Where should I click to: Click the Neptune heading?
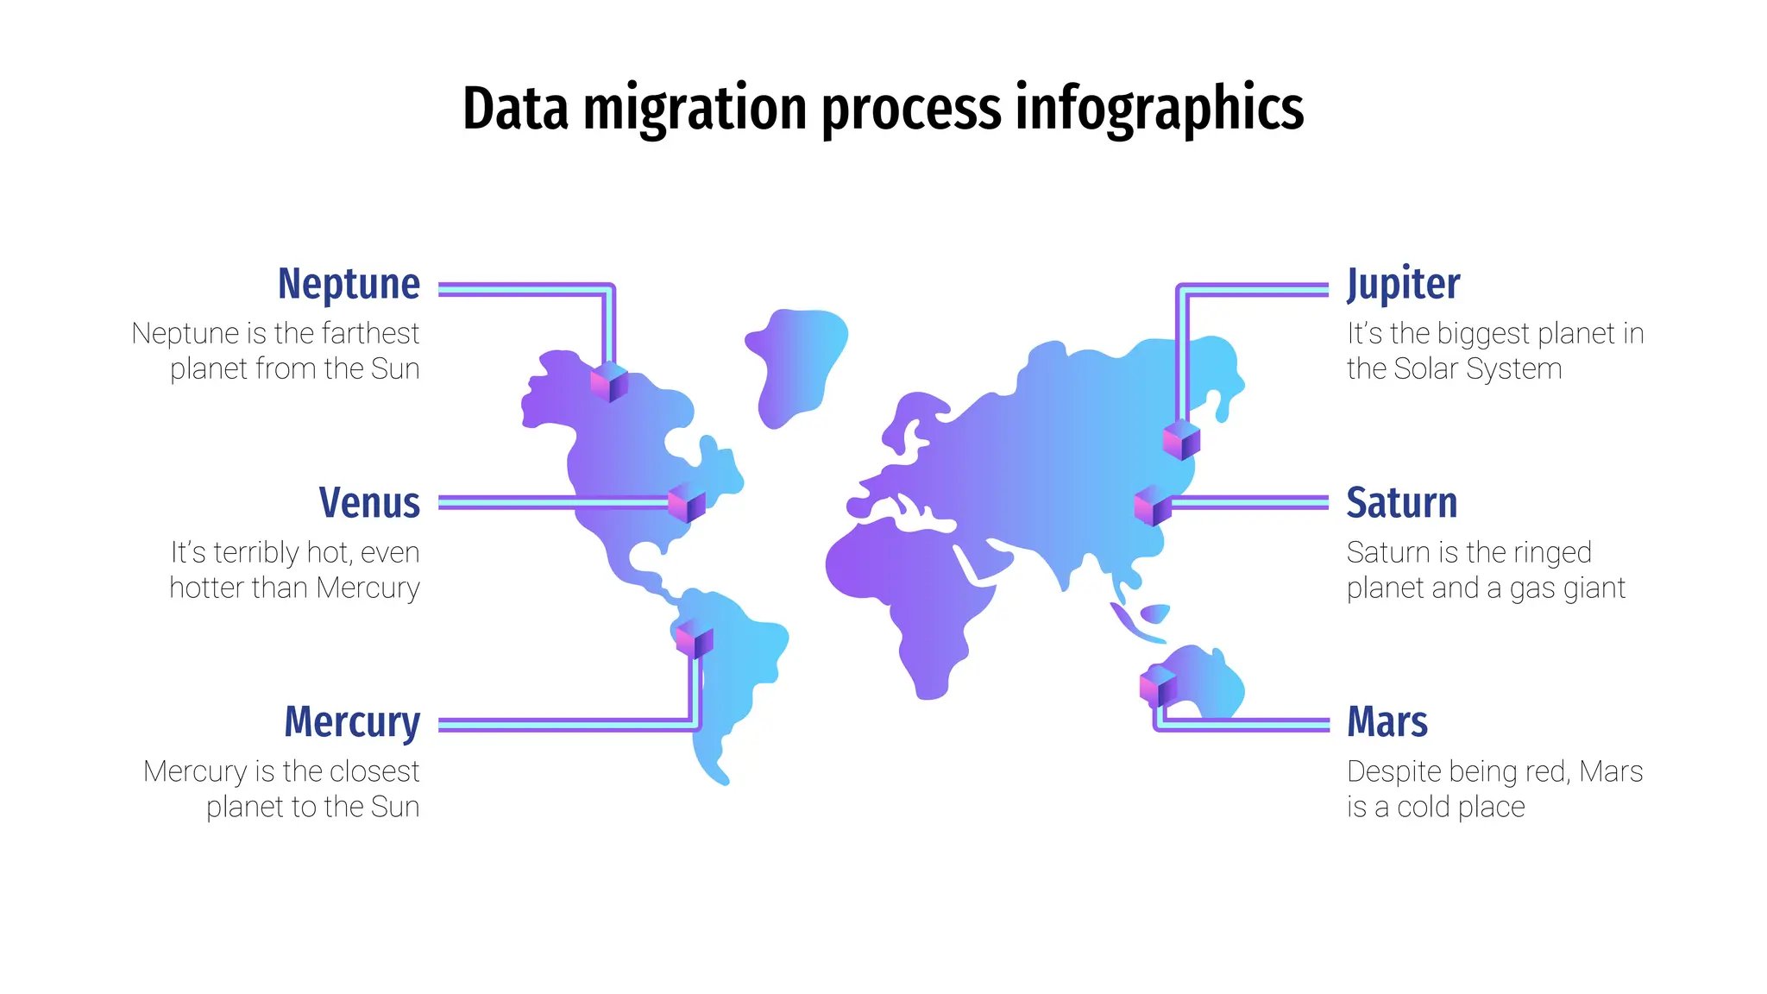[x=349, y=284]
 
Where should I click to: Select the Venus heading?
[x=369, y=503]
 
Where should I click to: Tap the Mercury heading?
[x=352, y=722]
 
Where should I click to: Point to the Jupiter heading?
[x=1403, y=284]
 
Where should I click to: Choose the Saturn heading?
[x=1401, y=503]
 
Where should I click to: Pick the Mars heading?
[x=1387, y=722]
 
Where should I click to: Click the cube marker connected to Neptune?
[x=609, y=382]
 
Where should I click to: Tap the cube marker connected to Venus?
[x=687, y=503]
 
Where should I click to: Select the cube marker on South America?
[x=695, y=639]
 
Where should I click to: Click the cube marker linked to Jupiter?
[x=1181, y=440]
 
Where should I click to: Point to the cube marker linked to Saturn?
[x=1153, y=506]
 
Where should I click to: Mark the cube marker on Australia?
[x=1158, y=686]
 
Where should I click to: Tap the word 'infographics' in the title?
[x=1159, y=110]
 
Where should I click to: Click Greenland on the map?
[x=795, y=367]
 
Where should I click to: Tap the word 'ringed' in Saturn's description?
[x=1549, y=553]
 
